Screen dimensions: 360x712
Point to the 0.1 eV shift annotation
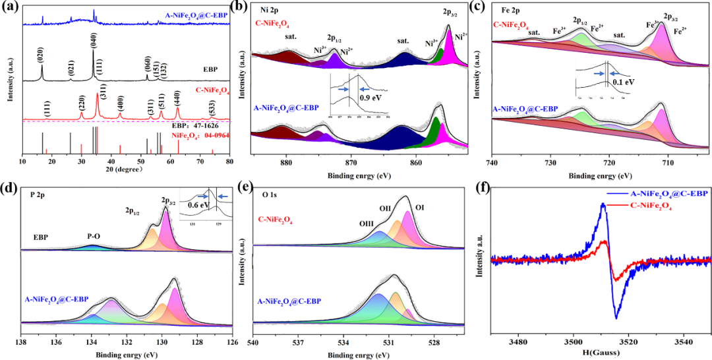point(622,83)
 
